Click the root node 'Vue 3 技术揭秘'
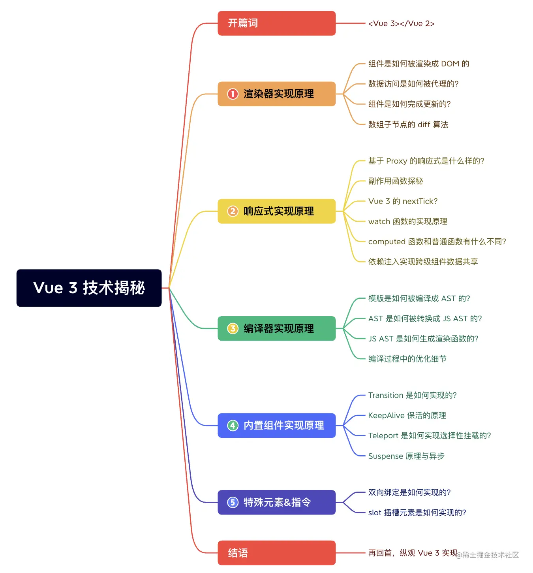pyautogui.click(x=89, y=288)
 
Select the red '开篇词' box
pyautogui.click(x=276, y=23)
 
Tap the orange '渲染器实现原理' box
pyautogui.click(x=276, y=94)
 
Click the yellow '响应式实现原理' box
pyautogui.click(x=276, y=211)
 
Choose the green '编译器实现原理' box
pyautogui.click(x=276, y=328)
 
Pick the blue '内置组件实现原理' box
pyautogui.click(x=276, y=426)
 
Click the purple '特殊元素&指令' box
pyautogui.click(x=276, y=502)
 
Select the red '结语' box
pyautogui.click(x=276, y=553)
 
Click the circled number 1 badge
pyautogui.click(x=233, y=94)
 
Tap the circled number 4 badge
pyautogui.click(x=233, y=426)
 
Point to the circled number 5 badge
pyautogui.click(x=233, y=502)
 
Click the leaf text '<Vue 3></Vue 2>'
pyautogui.click(x=401, y=24)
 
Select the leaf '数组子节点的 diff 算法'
pyautogui.click(x=408, y=124)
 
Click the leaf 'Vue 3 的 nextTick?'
pyautogui.click(x=403, y=201)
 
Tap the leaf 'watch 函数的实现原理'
pyautogui.click(x=407, y=221)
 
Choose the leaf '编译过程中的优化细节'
pyautogui.click(x=407, y=359)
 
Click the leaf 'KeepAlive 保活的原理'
pyautogui.click(x=407, y=415)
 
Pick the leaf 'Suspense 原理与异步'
pyautogui.click(x=406, y=456)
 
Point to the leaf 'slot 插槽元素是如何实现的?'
pyautogui.click(x=417, y=513)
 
